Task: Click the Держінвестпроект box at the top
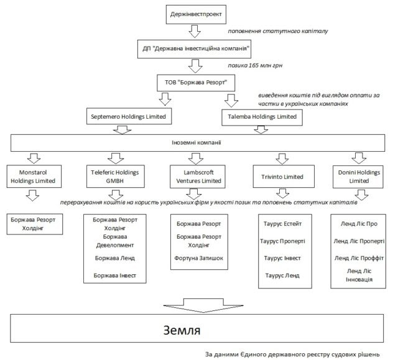tap(195, 12)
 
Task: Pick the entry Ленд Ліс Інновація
tap(359, 275)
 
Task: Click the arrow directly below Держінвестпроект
tap(195, 30)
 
